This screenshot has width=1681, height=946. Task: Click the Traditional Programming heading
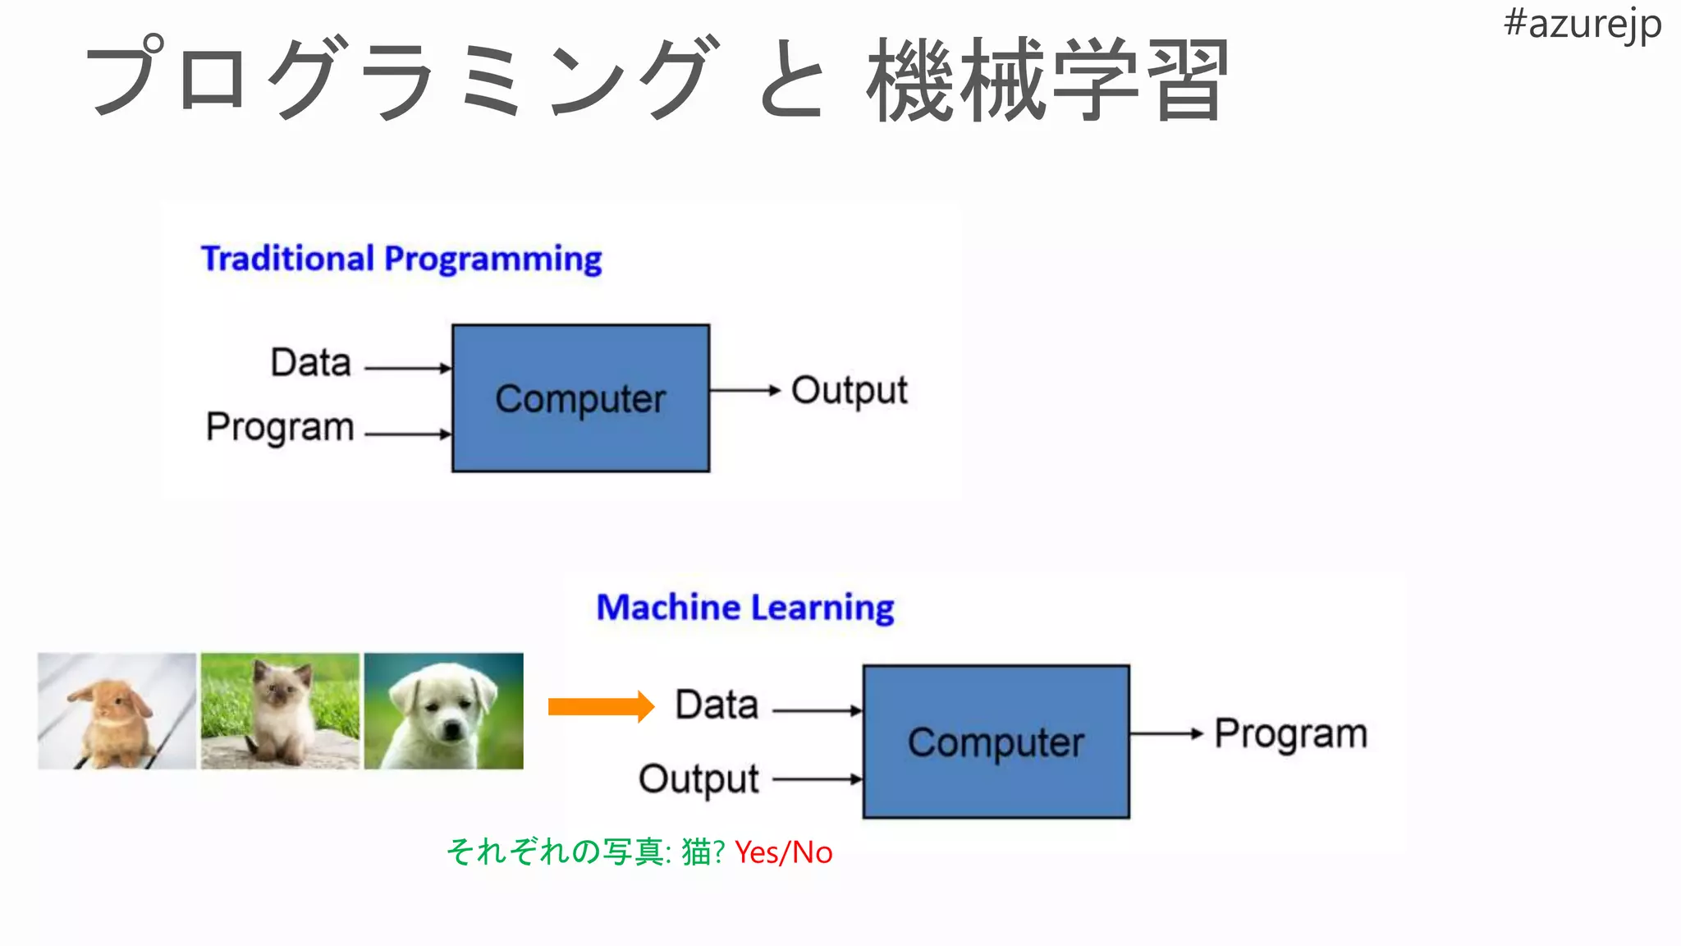[401, 259]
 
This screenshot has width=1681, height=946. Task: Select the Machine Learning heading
[744, 608]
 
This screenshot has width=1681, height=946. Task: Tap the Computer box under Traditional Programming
[580, 398]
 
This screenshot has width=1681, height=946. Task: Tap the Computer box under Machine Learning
[996, 742]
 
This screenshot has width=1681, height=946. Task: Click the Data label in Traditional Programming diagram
[311, 362]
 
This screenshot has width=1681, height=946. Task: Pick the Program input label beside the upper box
[280, 427]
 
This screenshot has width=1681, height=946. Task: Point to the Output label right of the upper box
[849, 391]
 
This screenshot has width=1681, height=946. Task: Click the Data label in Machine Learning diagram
[717, 705]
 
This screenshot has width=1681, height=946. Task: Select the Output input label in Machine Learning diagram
[699, 779]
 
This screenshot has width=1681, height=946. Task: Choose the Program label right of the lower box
[1290, 734]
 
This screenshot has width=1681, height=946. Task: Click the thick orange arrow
[600, 706]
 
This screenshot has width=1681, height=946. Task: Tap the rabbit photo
[117, 711]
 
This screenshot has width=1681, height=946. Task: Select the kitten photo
[280, 711]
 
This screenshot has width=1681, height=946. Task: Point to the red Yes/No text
[783, 853]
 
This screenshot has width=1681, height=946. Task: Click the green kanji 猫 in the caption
[696, 852]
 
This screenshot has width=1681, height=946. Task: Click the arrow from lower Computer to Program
[1166, 733]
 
